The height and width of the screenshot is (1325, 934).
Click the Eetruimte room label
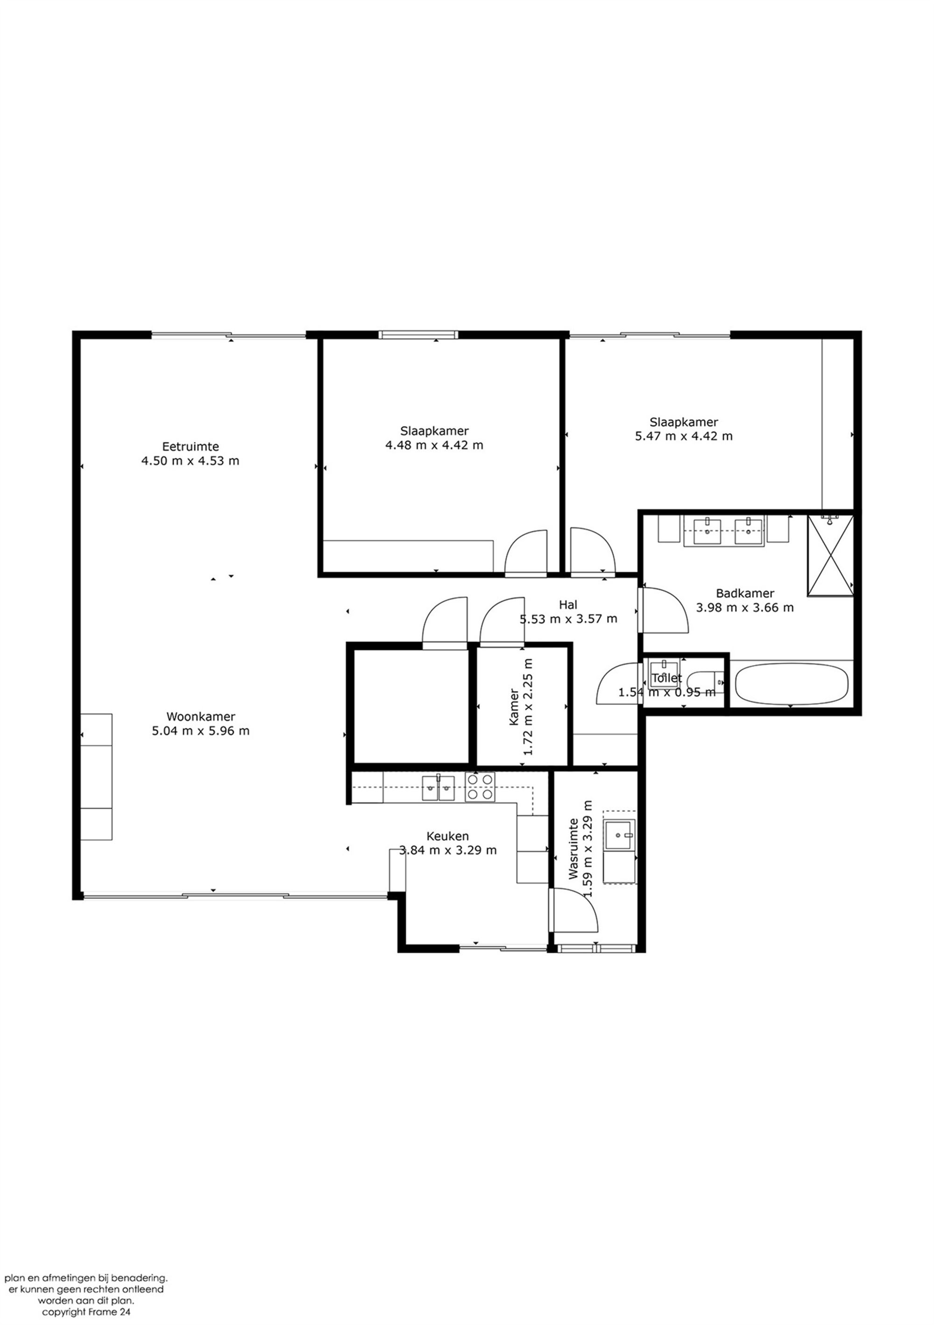click(191, 447)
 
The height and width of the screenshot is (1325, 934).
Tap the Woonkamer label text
click(201, 717)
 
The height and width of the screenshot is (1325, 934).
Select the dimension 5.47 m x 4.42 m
click(684, 436)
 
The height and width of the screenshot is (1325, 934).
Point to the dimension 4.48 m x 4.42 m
click(434, 445)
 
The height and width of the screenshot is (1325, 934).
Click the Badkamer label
click(745, 593)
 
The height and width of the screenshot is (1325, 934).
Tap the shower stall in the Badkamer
click(830, 556)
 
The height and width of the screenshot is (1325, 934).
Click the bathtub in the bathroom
click(792, 684)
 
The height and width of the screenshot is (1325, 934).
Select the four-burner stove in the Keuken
click(480, 788)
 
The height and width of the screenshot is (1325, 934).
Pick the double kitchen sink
click(438, 788)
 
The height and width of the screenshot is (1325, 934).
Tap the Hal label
click(568, 605)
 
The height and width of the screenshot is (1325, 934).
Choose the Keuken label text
click(447, 836)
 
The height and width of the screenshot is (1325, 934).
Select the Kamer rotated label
click(514, 707)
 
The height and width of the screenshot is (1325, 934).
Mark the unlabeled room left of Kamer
click(411, 706)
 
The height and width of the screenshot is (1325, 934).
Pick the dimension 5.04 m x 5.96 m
click(201, 731)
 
